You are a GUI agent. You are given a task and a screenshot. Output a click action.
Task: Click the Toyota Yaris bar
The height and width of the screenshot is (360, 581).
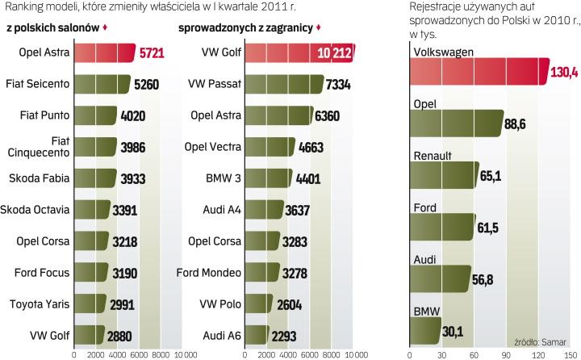[x=90, y=303]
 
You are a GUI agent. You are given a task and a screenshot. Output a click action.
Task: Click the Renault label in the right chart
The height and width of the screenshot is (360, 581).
[x=432, y=156]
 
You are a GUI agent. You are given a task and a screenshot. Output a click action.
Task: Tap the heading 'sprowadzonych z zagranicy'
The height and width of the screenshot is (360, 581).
[x=245, y=27]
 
